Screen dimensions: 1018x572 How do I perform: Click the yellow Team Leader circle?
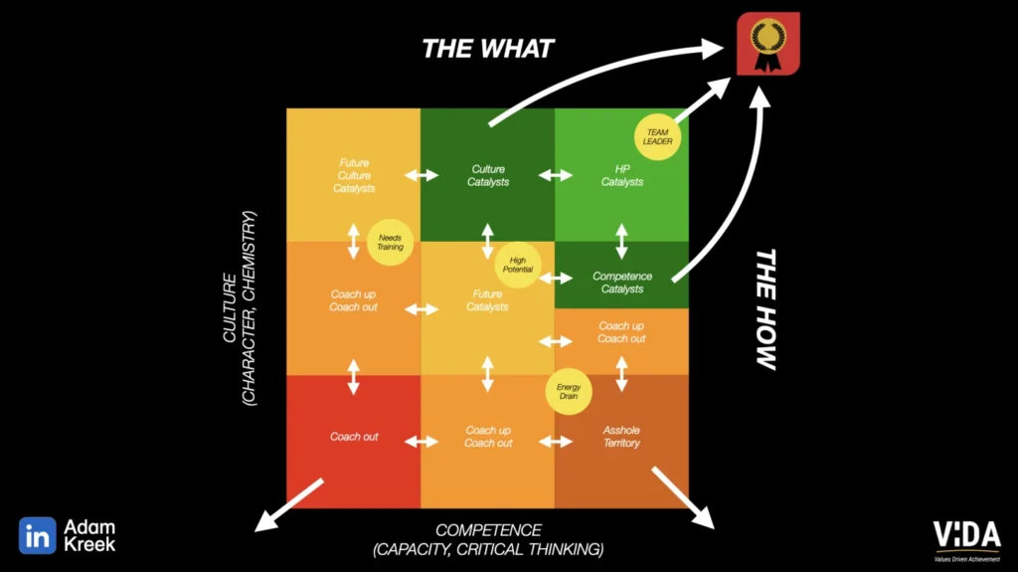(657, 136)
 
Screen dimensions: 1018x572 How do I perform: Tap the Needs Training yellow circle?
(390, 243)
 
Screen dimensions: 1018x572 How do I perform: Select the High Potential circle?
(517, 265)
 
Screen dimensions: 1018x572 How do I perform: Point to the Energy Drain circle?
(568, 391)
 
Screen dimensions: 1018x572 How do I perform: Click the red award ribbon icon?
(768, 44)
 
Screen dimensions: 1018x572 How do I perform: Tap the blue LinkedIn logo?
(37, 535)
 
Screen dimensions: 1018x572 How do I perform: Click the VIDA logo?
(966, 540)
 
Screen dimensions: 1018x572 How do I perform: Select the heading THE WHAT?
(487, 49)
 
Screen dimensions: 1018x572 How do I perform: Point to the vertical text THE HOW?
(766, 309)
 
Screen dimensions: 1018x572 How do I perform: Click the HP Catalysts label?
(622, 175)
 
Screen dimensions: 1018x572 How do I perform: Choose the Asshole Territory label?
(621, 437)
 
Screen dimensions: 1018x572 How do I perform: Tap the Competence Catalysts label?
(622, 283)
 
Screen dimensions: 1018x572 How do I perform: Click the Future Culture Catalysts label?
(354, 175)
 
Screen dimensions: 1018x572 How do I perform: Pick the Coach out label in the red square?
(354, 437)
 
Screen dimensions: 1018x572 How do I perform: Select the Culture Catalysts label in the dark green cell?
(487, 175)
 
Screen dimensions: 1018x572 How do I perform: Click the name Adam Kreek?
(89, 535)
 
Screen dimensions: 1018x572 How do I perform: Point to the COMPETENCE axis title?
(488, 540)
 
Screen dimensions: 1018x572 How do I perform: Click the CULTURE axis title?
(240, 308)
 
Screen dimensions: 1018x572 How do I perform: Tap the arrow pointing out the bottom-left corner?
(288, 505)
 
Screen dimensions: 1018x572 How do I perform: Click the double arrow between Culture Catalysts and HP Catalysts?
(555, 175)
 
